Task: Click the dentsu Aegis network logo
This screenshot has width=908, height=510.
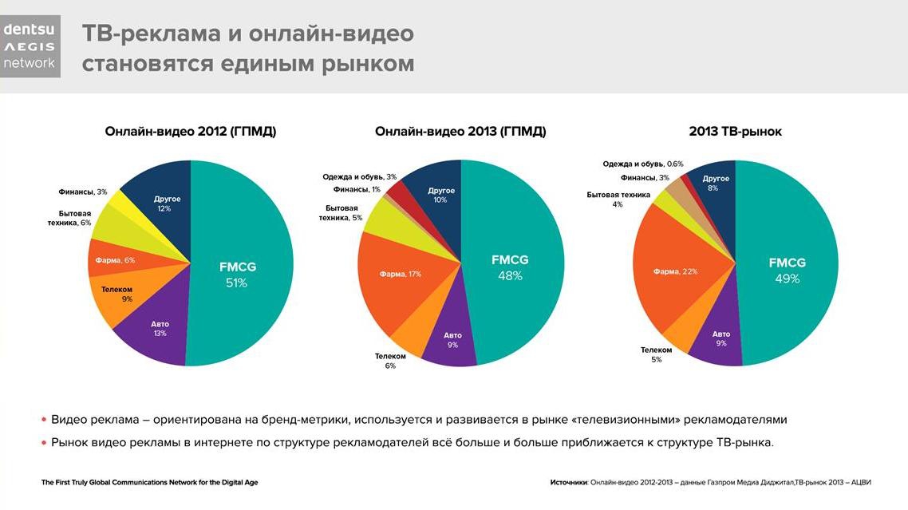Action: (x=30, y=46)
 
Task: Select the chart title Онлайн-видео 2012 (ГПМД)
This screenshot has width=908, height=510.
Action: (x=191, y=132)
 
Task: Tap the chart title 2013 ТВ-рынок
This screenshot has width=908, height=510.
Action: (x=735, y=132)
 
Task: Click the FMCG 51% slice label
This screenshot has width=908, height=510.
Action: (x=238, y=274)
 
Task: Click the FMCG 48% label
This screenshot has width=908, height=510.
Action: (x=510, y=267)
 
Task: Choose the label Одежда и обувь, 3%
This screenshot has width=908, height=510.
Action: (x=359, y=176)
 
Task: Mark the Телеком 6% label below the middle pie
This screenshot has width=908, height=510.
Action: (x=390, y=361)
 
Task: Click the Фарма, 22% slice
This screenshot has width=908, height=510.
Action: (x=675, y=271)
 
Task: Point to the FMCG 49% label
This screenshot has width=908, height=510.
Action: (x=787, y=270)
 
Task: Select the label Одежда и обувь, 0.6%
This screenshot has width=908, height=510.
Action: (x=643, y=164)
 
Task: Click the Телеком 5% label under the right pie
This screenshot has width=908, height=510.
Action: (x=656, y=354)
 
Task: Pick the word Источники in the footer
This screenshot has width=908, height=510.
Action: (x=568, y=482)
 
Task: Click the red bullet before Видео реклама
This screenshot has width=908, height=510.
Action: (x=43, y=420)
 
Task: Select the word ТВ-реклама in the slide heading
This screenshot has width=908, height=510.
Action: (x=152, y=34)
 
